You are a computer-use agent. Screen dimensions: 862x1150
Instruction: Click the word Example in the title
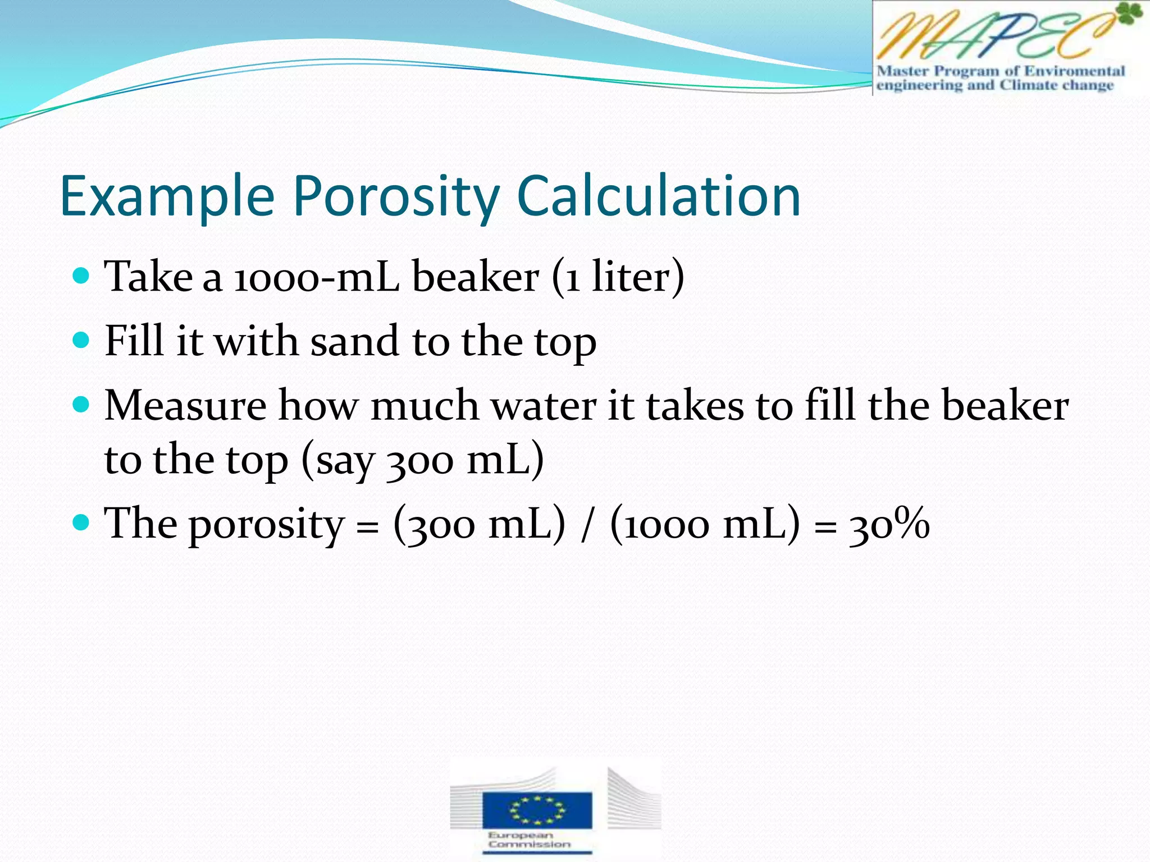[167, 196]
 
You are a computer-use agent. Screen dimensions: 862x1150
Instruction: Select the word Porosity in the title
[396, 196]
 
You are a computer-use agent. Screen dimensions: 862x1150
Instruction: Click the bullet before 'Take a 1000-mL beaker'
[81, 276]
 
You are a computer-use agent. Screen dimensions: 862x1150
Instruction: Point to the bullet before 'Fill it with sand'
[81, 340]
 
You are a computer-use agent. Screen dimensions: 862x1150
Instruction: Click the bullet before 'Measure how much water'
[81, 404]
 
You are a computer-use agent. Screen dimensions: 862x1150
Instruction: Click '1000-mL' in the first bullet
[316, 277]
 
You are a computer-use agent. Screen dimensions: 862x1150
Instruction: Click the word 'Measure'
[185, 405]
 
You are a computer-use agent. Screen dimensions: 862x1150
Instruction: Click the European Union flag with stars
[537, 809]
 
